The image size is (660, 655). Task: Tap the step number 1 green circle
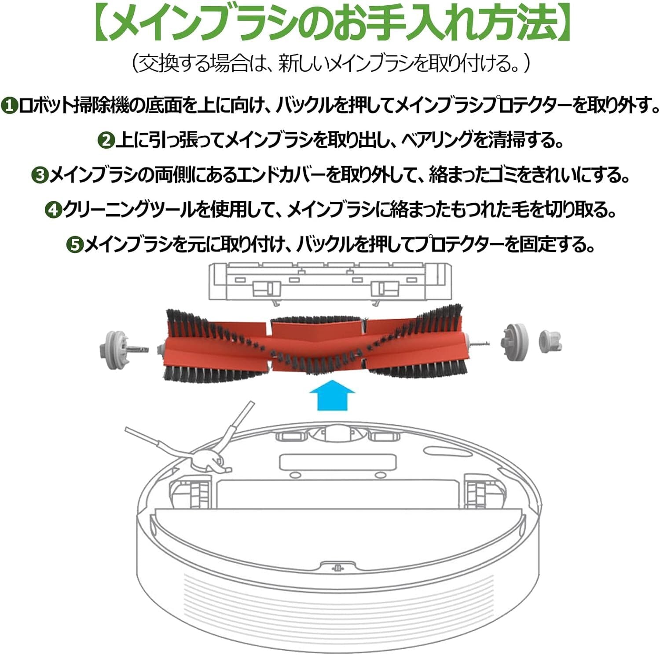click(x=9, y=106)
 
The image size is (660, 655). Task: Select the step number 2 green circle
click(x=106, y=141)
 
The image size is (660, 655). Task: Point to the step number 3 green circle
click(x=39, y=175)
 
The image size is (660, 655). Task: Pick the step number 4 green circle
click(x=53, y=210)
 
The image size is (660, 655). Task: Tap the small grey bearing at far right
click(x=550, y=341)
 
